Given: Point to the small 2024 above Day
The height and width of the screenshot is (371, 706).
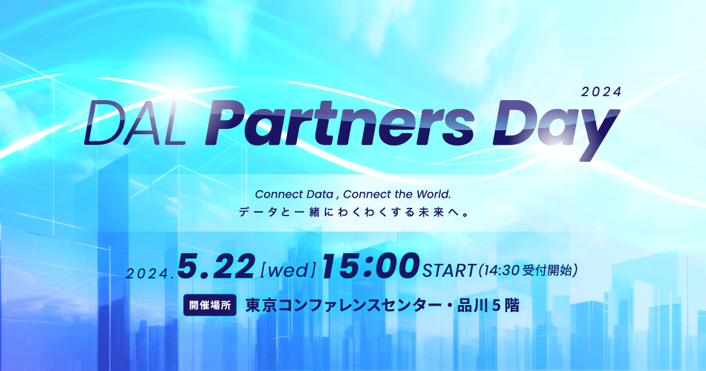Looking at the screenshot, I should [601, 92].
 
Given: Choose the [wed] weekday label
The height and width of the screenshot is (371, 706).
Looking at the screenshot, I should [288, 270].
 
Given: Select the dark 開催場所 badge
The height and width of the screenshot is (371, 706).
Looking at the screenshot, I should [210, 306].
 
